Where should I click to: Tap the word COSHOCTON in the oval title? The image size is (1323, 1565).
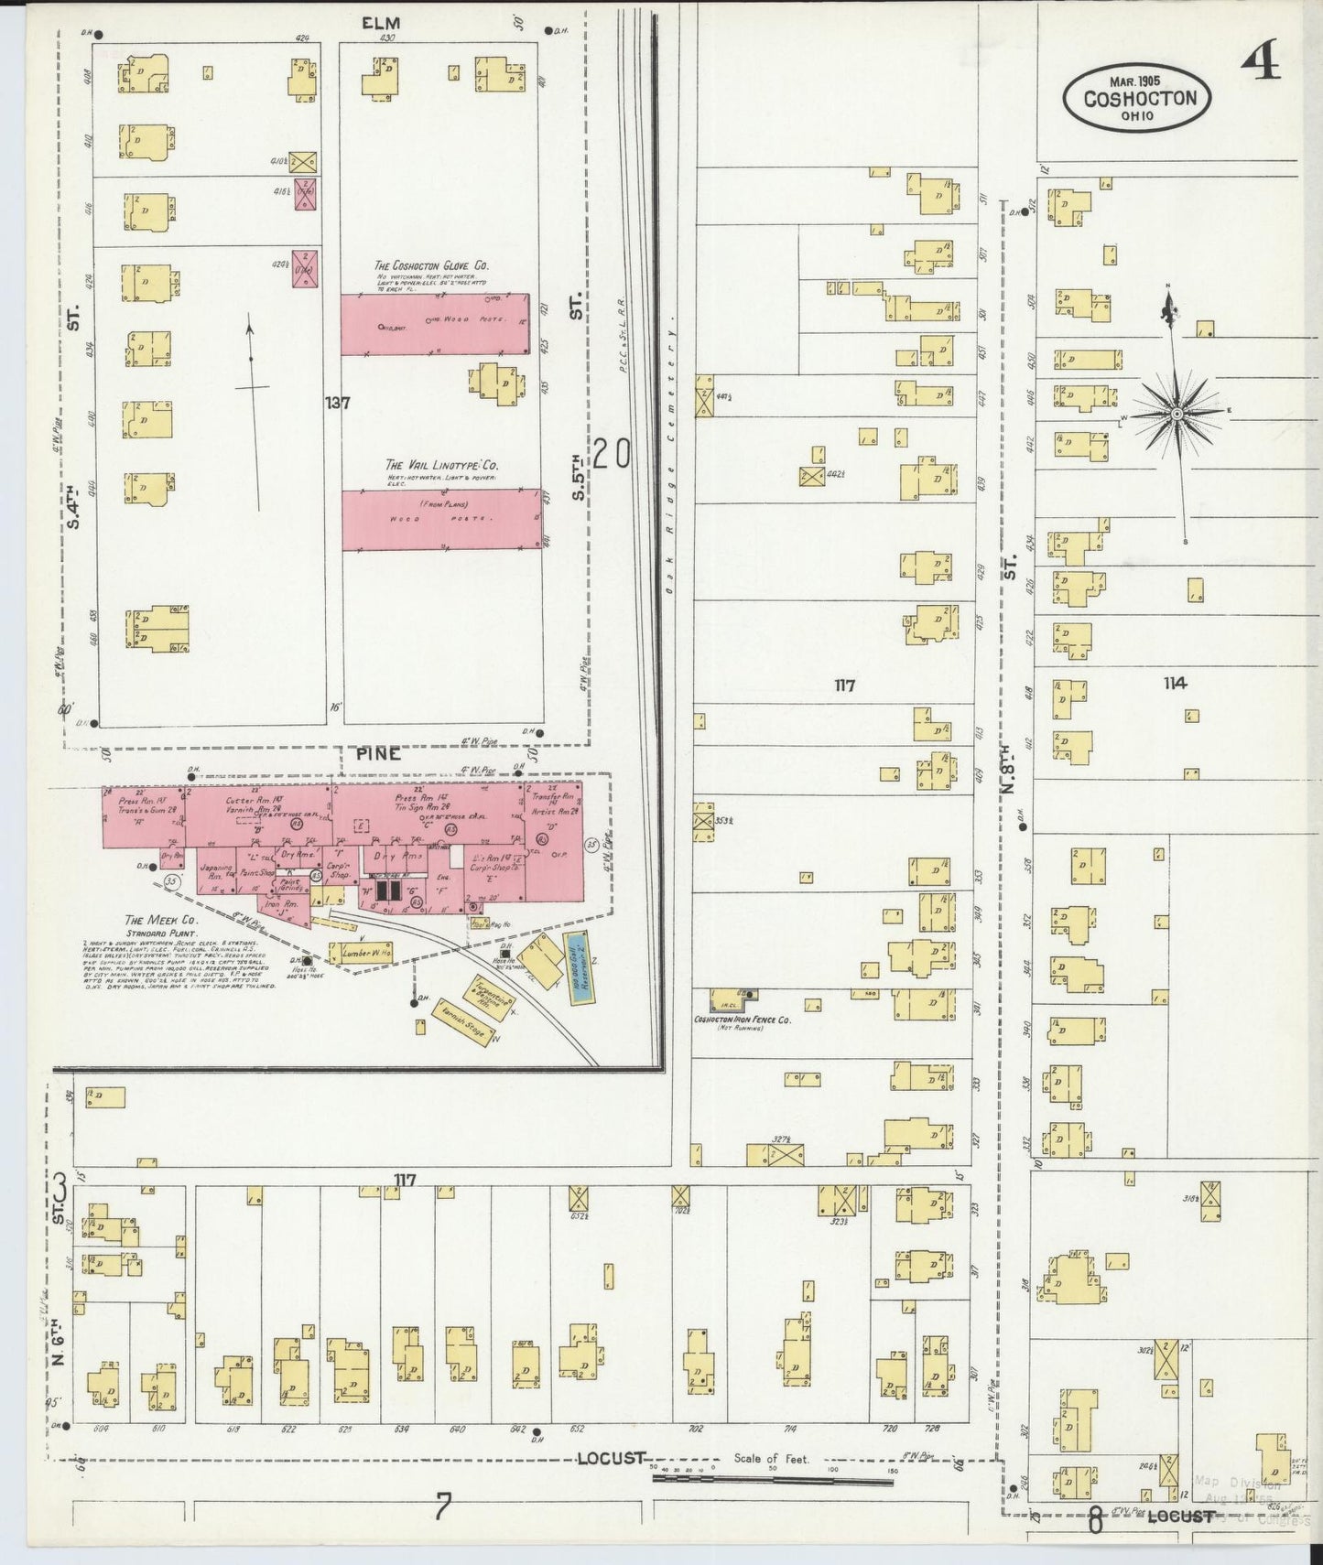pyautogui.click(x=1139, y=97)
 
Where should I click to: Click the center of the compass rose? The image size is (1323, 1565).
pyautogui.click(x=1177, y=415)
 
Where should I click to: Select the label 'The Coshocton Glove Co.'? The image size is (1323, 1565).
pyautogui.click(x=431, y=265)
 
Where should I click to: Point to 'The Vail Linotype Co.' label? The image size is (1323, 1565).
pyautogui.click(x=441, y=465)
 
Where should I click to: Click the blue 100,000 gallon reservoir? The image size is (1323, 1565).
pyautogui.click(x=577, y=968)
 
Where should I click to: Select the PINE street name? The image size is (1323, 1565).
pyautogui.click(x=378, y=753)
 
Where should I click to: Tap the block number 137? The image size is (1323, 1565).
pyautogui.click(x=338, y=402)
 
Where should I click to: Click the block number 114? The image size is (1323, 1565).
pyautogui.click(x=1175, y=683)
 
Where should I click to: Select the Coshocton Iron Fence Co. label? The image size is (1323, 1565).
pyautogui.click(x=741, y=1020)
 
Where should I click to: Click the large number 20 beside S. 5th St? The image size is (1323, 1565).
pyautogui.click(x=611, y=454)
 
